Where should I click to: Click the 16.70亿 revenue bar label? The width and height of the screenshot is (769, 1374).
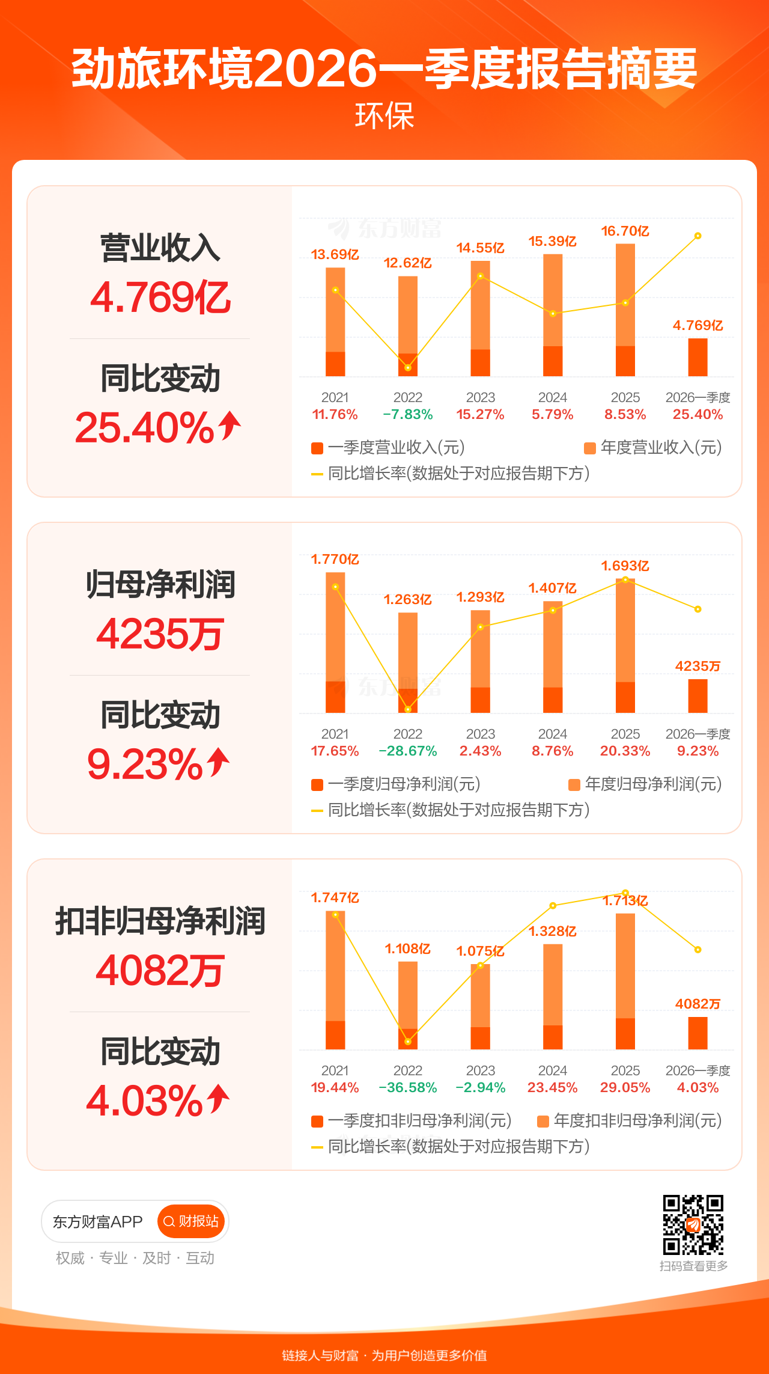pos(625,231)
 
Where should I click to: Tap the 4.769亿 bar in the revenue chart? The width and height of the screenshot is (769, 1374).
pos(698,358)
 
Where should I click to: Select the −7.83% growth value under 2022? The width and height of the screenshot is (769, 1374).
pos(408,415)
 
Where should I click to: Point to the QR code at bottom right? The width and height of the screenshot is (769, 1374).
pos(693,1224)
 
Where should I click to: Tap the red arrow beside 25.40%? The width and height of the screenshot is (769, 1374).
pos(229,426)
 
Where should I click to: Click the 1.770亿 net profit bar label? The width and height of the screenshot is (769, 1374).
pos(335,560)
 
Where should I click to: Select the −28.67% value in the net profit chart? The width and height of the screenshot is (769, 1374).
pos(408,751)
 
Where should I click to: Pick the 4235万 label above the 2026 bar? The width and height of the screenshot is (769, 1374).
pos(698,666)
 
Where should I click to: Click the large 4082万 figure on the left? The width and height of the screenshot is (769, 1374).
pos(160,971)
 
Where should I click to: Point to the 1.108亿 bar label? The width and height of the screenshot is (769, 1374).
pos(408,949)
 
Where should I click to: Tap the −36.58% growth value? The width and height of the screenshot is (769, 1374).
pos(408,1088)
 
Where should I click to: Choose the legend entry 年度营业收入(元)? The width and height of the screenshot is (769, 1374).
pos(653,448)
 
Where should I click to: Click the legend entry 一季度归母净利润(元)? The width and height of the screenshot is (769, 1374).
pos(396,784)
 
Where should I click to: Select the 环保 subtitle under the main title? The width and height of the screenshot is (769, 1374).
pos(384,116)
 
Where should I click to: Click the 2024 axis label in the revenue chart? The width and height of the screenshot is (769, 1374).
pos(553,397)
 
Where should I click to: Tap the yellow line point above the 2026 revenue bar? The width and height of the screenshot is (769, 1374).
pos(698,236)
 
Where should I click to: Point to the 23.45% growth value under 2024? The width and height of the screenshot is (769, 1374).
pos(553,1088)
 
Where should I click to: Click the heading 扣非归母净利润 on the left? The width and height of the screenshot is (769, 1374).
pos(160,921)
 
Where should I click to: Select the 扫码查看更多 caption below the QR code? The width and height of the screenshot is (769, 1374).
pos(693,1266)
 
